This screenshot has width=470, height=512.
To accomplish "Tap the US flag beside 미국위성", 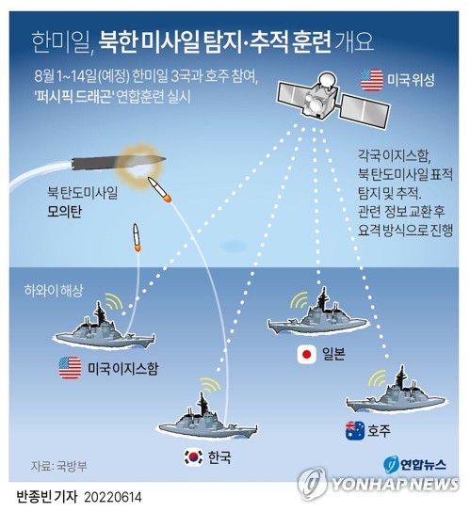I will tap(372, 80).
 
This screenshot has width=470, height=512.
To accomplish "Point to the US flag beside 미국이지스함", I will tap(70, 368).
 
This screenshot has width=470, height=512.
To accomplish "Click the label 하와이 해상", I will tap(51, 291).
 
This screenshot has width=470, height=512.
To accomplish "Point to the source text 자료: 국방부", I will tap(59, 465).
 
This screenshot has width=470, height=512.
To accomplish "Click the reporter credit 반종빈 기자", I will tap(42, 495).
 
